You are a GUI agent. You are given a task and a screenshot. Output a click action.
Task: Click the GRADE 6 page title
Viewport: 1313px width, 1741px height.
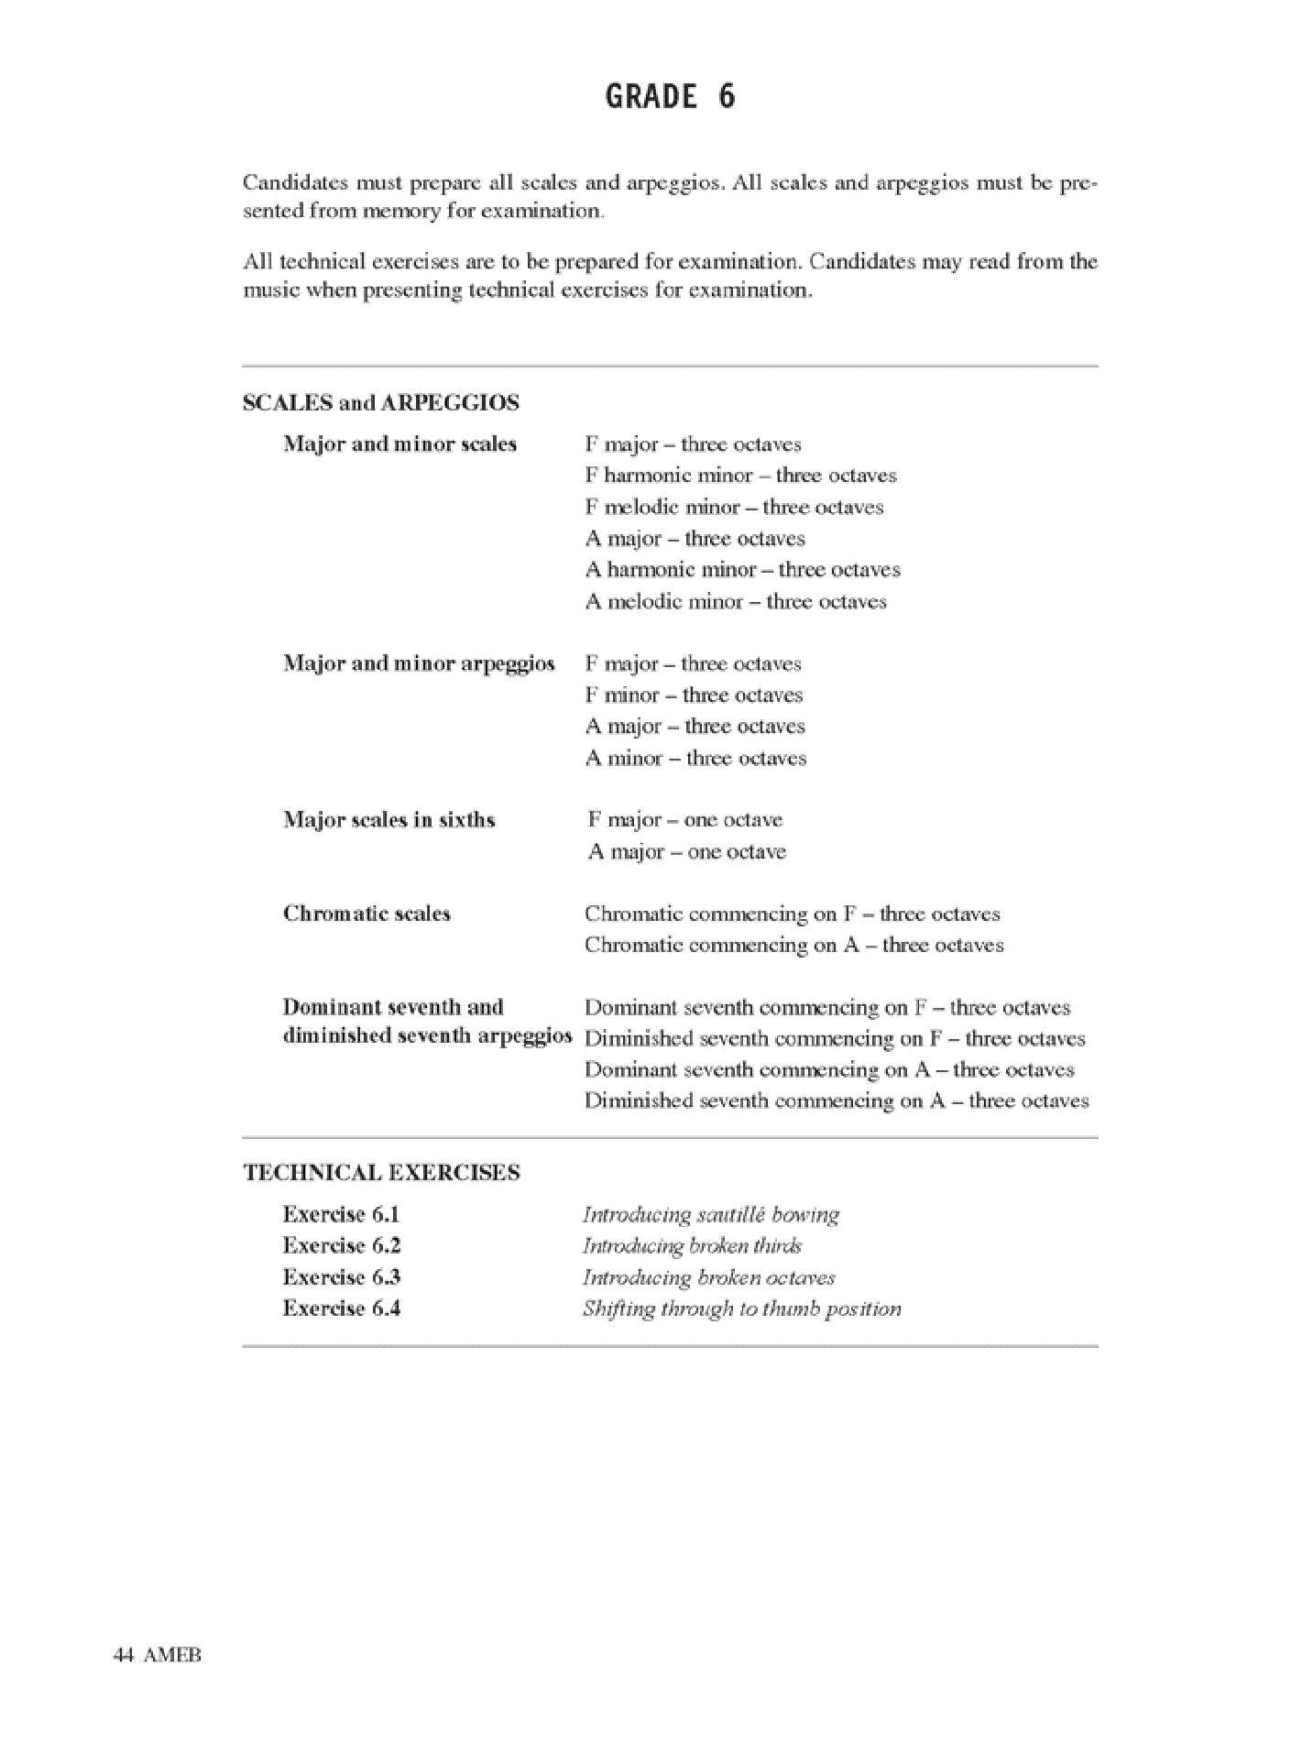[670, 96]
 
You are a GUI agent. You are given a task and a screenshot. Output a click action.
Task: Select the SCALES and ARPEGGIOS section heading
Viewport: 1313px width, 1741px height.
[380, 403]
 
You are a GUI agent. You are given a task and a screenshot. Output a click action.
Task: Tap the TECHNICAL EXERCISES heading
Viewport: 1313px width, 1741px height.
[381, 1173]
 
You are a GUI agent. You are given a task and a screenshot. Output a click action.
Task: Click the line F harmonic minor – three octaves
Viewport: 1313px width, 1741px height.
[740, 476]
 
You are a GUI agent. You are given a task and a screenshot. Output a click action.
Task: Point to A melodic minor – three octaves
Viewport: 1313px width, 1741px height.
[736, 602]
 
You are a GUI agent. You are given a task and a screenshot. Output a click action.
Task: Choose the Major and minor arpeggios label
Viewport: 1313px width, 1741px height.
[419, 663]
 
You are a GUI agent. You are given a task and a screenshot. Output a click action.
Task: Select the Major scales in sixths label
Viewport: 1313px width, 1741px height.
[388, 820]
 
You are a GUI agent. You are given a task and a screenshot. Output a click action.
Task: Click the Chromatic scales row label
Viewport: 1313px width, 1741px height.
[367, 914]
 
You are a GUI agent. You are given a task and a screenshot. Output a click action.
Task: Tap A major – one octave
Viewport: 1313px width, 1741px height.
[686, 852]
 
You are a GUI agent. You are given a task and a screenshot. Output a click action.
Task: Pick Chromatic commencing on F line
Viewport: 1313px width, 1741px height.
[792, 914]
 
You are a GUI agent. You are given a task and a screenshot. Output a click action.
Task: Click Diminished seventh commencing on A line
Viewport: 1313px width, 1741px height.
[837, 1101]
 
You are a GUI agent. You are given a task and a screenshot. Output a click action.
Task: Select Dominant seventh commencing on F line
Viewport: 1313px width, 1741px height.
[826, 1008]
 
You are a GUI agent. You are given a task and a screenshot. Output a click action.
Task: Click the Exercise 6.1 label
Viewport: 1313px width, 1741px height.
[341, 1215]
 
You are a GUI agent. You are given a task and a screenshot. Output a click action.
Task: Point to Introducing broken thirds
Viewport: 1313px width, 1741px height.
[692, 1246]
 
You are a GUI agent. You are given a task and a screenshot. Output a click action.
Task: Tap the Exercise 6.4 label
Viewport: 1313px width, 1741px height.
[341, 1308]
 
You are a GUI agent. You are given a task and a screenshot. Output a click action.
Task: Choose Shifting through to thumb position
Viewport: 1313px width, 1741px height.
[741, 1309]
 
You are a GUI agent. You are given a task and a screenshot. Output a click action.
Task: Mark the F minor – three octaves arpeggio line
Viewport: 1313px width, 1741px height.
[694, 695]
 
